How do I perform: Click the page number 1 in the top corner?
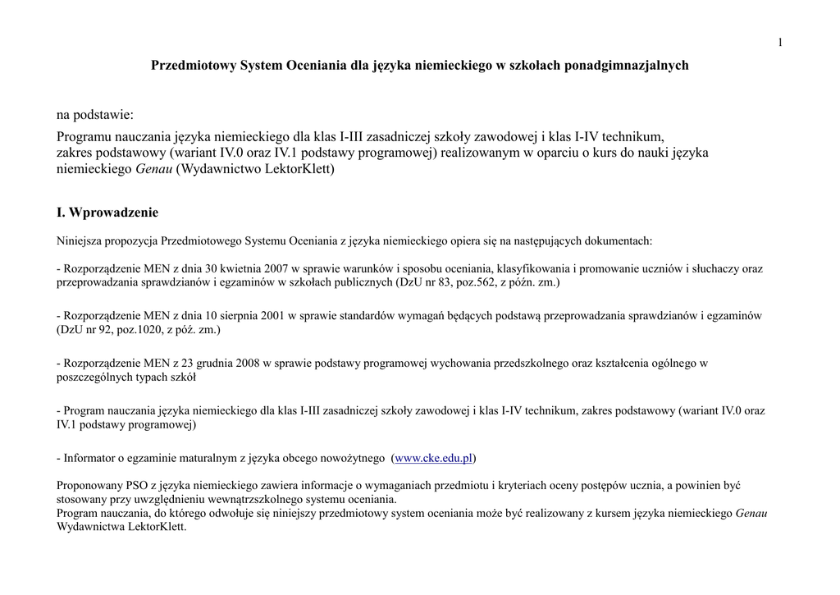[x=780, y=43]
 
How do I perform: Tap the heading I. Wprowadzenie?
[x=107, y=213]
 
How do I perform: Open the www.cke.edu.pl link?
[x=434, y=458]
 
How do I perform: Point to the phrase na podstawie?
[x=94, y=115]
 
